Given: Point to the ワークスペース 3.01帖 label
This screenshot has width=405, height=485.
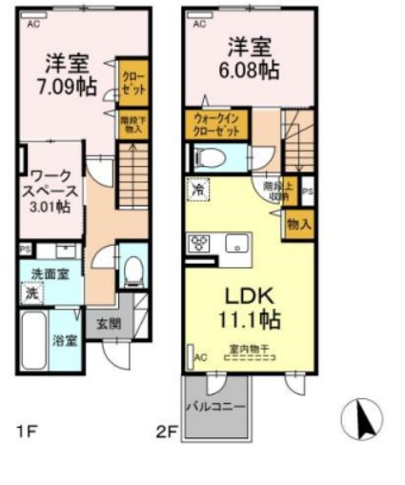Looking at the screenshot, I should (x=50, y=190).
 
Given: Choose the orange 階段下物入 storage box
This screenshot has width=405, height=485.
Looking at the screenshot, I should (x=132, y=125).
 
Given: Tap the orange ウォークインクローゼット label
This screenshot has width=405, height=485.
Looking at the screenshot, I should (x=216, y=125).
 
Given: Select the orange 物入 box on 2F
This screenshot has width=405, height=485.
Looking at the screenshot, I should (x=297, y=224).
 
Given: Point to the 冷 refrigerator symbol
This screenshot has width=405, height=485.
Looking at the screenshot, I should (x=196, y=189).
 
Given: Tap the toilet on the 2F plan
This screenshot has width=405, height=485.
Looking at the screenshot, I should (x=213, y=157).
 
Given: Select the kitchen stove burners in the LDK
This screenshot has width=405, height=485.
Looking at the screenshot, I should (x=201, y=243).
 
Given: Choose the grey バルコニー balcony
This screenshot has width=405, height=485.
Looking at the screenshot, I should (x=215, y=407).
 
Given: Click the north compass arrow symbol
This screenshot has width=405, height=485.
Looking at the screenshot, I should (x=362, y=417).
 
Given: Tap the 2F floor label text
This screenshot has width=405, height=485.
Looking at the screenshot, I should (x=167, y=431).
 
